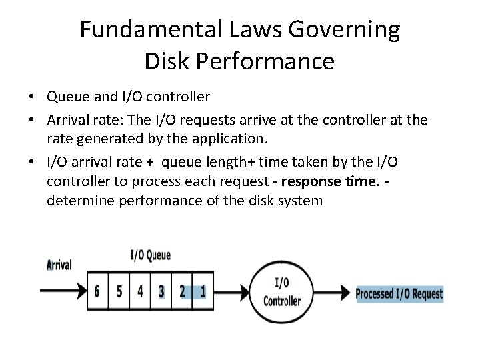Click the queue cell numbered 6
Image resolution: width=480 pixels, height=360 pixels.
click(98, 292)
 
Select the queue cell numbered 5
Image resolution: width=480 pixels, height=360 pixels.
click(119, 292)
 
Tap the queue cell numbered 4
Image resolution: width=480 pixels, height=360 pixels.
click(140, 292)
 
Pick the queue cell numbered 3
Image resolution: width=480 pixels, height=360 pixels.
click(161, 292)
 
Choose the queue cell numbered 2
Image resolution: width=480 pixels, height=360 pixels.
click(182, 292)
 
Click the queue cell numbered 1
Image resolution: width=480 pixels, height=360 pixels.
click(203, 292)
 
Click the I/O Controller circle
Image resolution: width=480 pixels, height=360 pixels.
click(282, 292)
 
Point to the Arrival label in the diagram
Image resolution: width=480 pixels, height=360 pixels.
click(59, 265)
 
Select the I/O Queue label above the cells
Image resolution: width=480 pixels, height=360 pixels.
click(149, 255)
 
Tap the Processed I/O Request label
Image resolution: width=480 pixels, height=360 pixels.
click(399, 293)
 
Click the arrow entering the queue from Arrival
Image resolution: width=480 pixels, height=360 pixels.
click(64, 291)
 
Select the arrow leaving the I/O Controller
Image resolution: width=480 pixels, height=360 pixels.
click(333, 292)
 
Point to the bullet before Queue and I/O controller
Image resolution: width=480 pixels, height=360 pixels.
click(31, 97)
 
